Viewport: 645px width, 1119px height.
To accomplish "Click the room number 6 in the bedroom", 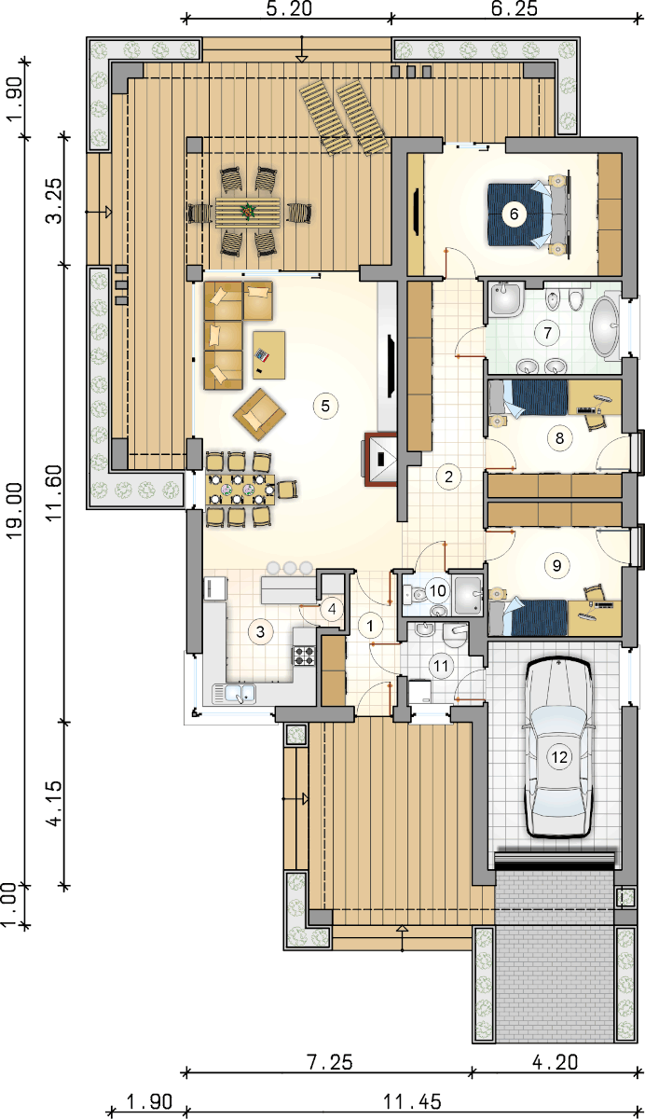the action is click(x=514, y=214).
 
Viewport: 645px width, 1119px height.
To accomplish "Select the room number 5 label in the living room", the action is click(x=325, y=406).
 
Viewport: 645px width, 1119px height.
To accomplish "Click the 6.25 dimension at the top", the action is click(x=515, y=8).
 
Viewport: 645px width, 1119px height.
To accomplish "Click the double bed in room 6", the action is click(x=529, y=214).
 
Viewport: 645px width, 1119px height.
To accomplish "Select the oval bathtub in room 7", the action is click(x=605, y=327).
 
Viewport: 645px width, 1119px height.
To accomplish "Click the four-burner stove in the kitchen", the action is click(x=304, y=656).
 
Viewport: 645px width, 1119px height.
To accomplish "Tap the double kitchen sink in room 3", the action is click(x=234, y=694).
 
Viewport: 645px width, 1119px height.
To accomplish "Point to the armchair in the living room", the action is click(x=259, y=415).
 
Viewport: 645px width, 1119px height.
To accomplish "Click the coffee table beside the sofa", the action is click(x=269, y=355).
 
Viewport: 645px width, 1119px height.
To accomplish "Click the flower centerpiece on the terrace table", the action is click(x=247, y=211).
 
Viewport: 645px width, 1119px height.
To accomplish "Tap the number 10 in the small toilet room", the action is click(x=438, y=591).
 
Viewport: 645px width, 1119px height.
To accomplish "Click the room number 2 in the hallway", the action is click(x=448, y=477).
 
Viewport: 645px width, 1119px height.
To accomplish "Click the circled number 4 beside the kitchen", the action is click(x=332, y=608).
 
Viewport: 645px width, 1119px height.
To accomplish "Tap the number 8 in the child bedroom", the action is click(x=559, y=438).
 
